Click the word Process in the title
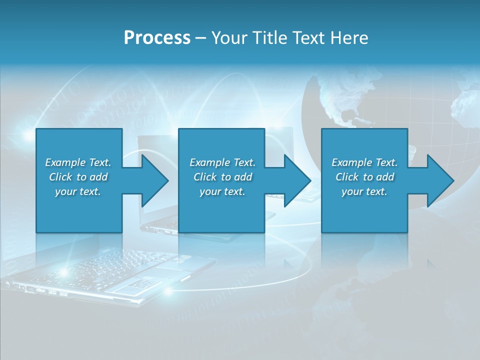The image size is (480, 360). (157, 38)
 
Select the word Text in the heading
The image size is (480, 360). (311, 38)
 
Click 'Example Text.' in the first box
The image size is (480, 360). (78, 162)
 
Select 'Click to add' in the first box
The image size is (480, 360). (78, 177)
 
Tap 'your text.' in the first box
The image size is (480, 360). (78, 191)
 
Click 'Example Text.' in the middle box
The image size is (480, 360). (222, 162)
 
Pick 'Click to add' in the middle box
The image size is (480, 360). (222, 177)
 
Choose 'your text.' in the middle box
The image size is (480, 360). (222, 191)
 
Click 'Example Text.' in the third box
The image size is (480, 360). (364, 162)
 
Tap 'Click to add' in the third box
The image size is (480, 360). (364, 177)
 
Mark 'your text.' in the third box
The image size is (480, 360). (364, 191)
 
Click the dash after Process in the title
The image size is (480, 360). (201, 38)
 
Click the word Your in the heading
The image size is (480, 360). (229, 38)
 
